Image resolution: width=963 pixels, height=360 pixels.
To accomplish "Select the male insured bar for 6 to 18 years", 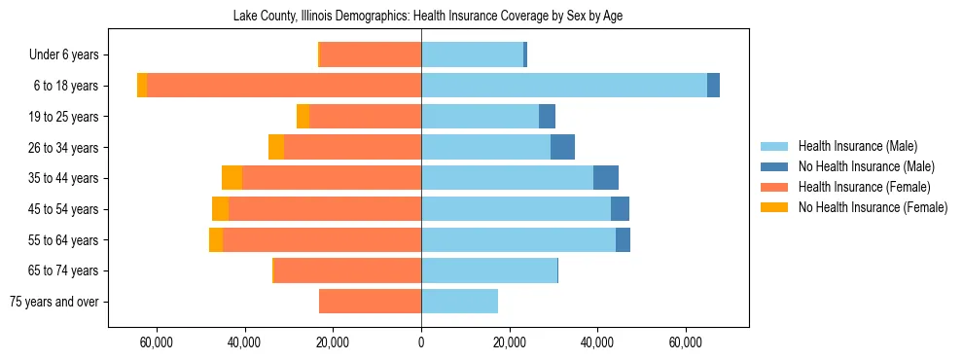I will (x=564, y=86).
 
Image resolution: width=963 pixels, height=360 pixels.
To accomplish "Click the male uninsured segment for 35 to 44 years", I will (x=606, y=178).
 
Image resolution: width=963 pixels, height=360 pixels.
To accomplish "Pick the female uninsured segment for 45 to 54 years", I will (x=221, y=209).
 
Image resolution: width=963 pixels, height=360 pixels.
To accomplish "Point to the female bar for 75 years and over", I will (x=370, y=302).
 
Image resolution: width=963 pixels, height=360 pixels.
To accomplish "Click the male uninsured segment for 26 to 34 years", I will (x=562, y=147).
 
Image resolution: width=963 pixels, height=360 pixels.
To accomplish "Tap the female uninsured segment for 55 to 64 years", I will (x=216, y=240).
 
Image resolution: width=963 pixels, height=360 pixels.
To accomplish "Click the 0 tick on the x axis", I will (x=421, y=342).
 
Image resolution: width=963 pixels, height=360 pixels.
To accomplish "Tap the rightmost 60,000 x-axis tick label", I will (x=686, y=342).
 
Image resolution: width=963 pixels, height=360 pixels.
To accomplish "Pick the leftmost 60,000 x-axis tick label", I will (x=157, y=342).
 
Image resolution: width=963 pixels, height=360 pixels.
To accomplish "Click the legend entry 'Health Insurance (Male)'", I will (x=857, y=146).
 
